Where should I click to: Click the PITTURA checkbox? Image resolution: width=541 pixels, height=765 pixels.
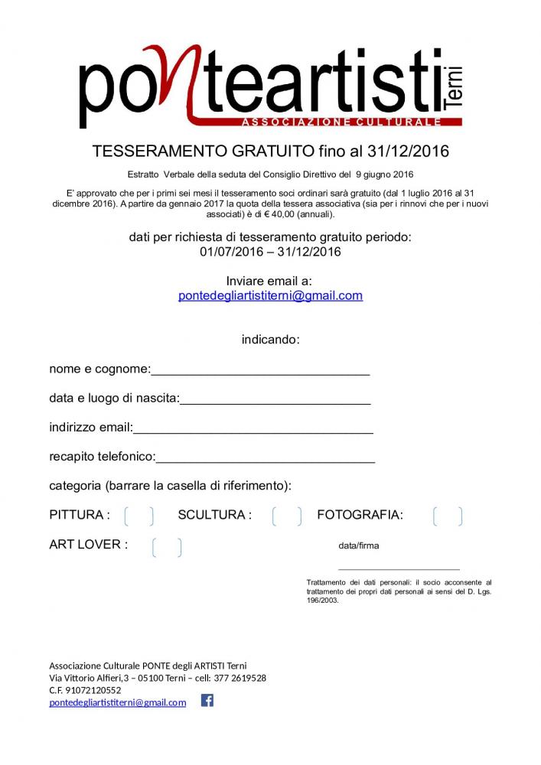coord(139,516)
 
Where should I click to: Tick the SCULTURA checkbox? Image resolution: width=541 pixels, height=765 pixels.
coord(287,516)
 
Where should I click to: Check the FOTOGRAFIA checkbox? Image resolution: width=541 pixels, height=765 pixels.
coord(448,516)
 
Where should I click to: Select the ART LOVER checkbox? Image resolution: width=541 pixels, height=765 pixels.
coord(167,547)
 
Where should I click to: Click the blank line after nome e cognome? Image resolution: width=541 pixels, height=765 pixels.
coord(260,373)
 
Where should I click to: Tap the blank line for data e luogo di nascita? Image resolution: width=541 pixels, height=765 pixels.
coord(275,402)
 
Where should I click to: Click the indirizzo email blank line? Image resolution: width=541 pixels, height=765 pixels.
coord(253,431)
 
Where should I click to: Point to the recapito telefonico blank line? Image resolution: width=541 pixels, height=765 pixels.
coord(266,461)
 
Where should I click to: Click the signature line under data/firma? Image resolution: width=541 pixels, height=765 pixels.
coord(399,568)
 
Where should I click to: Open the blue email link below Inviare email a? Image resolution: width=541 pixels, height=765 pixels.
coord(270,295)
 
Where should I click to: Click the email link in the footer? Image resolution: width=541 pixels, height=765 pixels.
coord(118,702)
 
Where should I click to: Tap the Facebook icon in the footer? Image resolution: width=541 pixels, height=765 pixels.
coord(207,700)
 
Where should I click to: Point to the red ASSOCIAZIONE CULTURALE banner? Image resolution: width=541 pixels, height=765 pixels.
coord(341,122)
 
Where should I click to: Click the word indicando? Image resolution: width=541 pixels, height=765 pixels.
coord(270,339)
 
